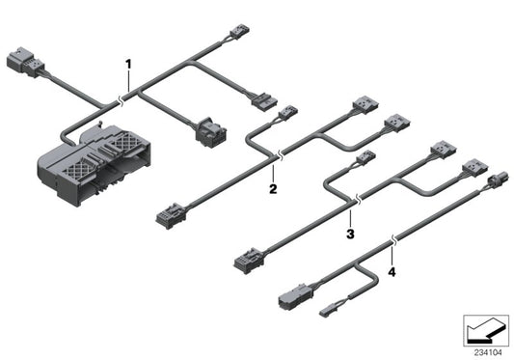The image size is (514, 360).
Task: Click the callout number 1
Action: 126,64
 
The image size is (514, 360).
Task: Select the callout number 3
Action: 351,233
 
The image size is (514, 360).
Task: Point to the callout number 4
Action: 392,272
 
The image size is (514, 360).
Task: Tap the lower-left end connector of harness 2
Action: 168,215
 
